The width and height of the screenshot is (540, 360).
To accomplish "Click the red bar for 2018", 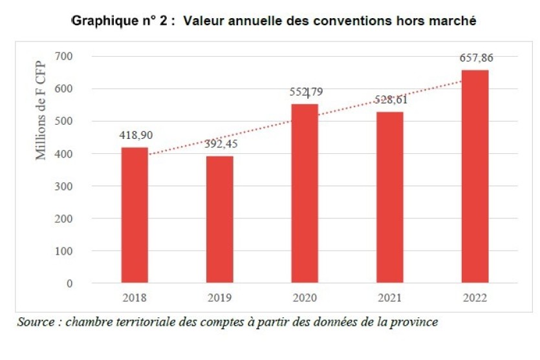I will pos(135,215).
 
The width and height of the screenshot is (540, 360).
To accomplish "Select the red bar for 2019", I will pos(219,220).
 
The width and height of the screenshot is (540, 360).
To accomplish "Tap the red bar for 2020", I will pos(305,193).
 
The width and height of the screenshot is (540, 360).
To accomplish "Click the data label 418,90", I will pos(135,135).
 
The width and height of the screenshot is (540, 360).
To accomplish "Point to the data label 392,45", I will pos(220,143).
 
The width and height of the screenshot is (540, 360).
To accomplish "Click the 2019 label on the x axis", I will pos(219,299).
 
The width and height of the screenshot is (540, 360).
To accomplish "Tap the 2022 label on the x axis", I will pos(475,299).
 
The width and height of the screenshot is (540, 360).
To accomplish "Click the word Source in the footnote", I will pos(36,321).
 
